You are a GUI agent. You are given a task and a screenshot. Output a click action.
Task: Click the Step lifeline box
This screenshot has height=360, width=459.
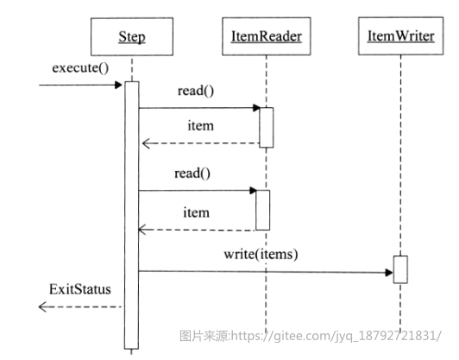(x=132, y=36)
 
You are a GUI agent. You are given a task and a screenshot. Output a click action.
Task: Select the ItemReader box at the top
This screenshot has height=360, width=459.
(x=266, y=36)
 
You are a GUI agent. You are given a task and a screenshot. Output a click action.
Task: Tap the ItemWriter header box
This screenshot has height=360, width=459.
(x=400, y=35)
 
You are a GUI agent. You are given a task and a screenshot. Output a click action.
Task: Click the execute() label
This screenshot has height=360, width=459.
(x=80, y=68)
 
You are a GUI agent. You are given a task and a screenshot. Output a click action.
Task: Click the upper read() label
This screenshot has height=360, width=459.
(x=196, y=91)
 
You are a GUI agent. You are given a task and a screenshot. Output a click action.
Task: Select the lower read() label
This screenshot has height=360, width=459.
(x=192, y=174)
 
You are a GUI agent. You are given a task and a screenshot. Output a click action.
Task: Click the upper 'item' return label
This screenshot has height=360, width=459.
(x=200, y=126)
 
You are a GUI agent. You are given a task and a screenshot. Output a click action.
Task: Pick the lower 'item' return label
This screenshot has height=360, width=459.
(x=196, y=212)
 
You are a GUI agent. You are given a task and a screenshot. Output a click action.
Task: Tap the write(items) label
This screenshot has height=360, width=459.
(x=261, y=255)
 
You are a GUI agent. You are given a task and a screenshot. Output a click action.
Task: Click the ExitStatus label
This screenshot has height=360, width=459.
(x=80, y=289)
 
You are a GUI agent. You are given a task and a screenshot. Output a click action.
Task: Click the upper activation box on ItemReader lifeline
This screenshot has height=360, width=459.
(x=267, y=128)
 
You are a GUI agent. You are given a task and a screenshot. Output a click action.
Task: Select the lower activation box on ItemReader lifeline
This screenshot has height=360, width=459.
(x=263, y=210)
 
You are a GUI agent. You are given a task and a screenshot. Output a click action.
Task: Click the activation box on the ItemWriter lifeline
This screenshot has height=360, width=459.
(x=400, y=269)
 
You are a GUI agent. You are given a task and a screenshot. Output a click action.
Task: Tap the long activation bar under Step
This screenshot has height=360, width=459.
(x=132, y=215)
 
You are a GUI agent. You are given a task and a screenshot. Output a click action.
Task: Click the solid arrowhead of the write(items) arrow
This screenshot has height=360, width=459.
(x=389, y=273)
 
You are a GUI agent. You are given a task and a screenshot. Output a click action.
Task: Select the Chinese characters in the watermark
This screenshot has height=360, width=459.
(x=205, y=336)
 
